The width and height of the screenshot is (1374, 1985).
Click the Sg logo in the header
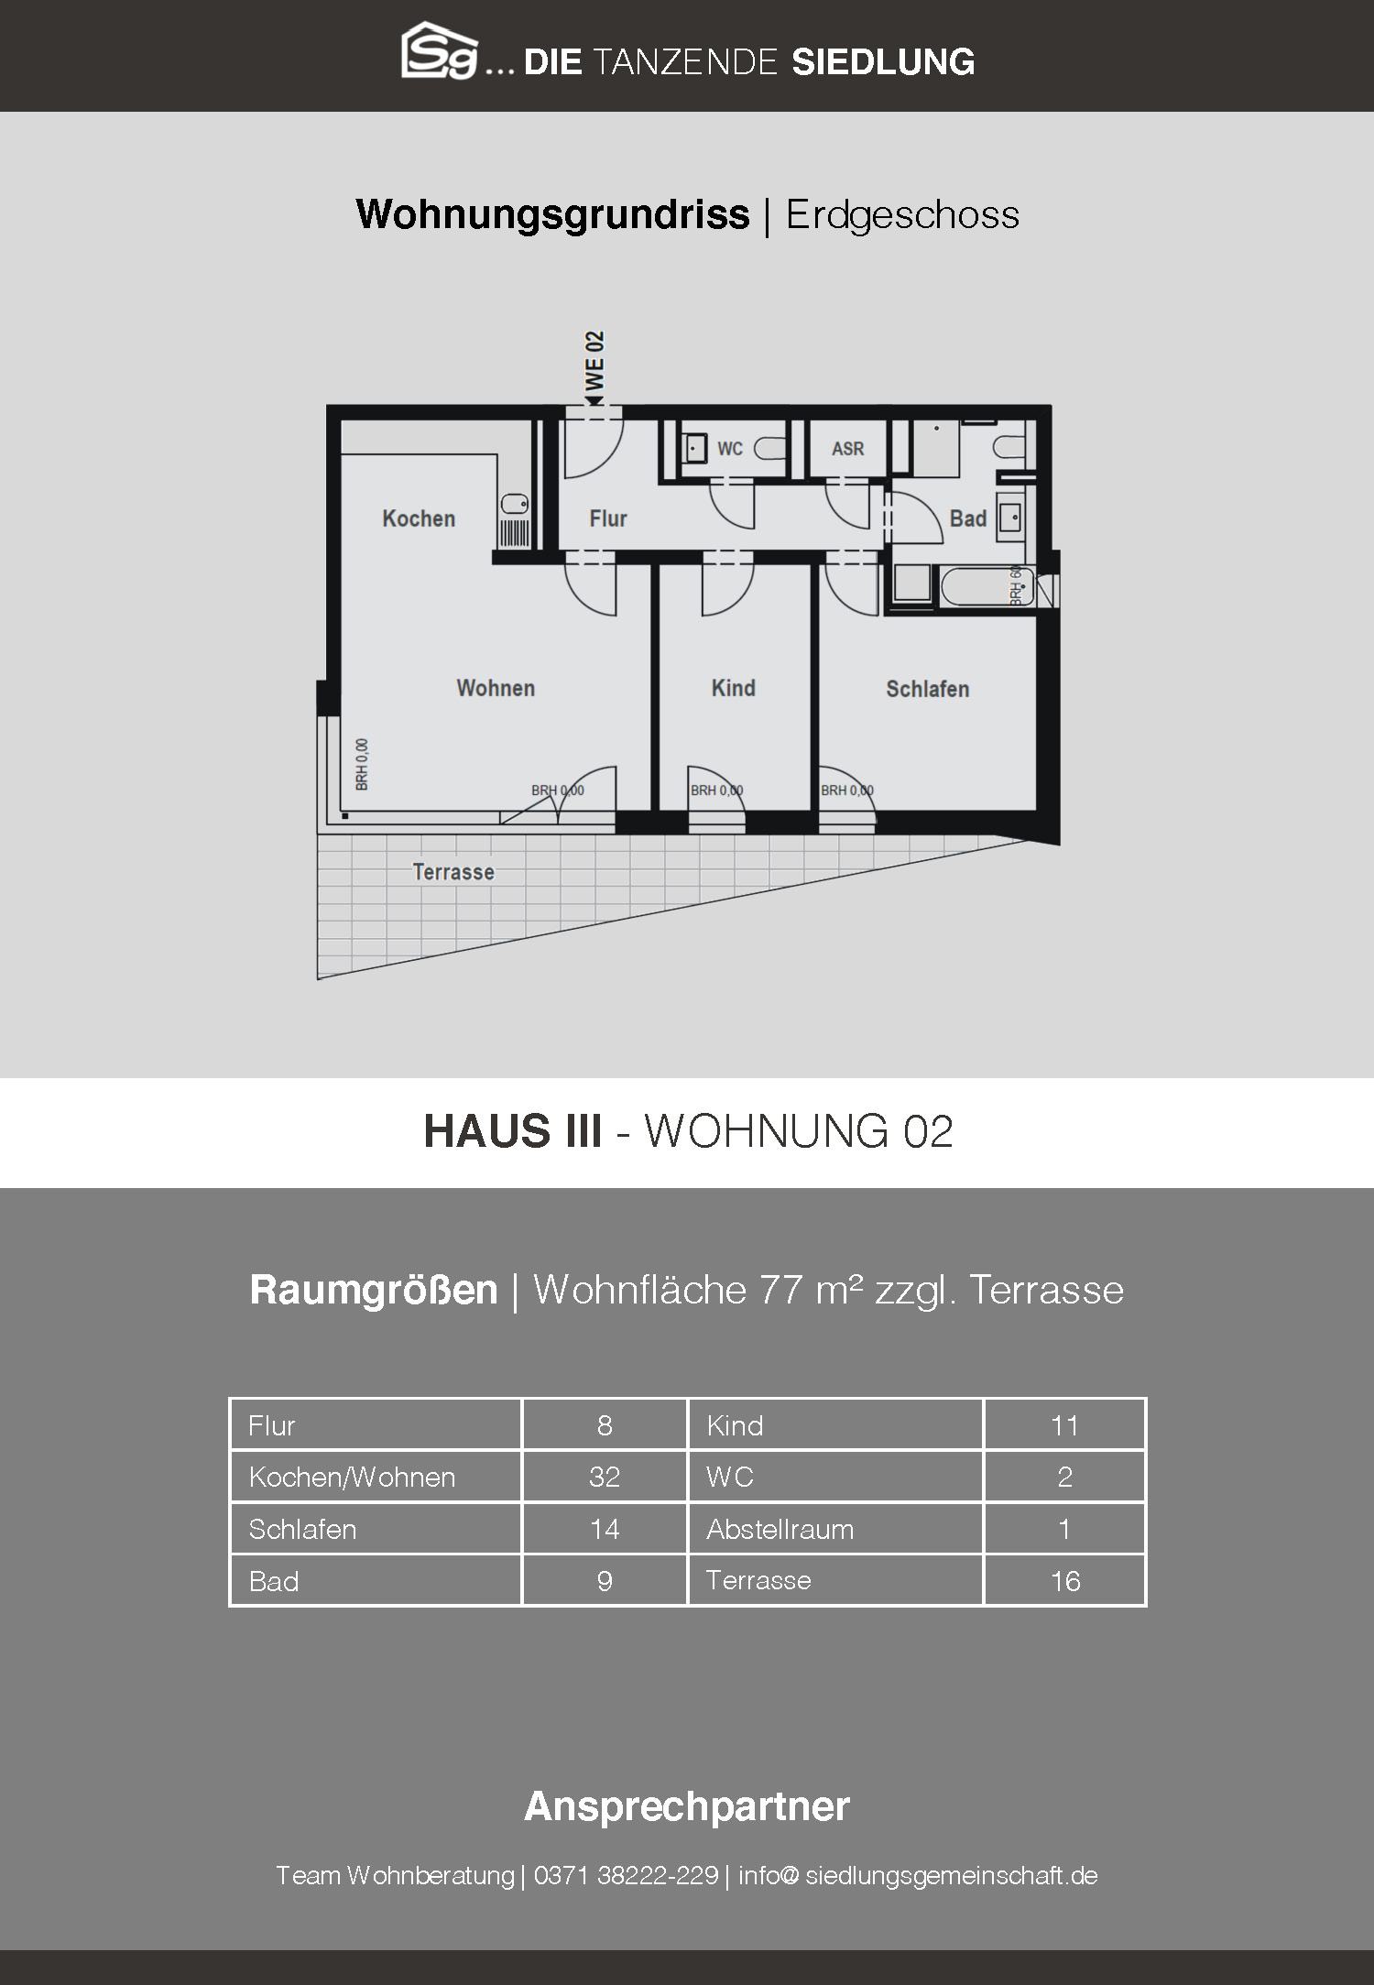coord(440,50)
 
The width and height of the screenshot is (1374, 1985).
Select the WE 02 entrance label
coord(595,362)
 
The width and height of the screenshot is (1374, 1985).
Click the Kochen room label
coord(419,518)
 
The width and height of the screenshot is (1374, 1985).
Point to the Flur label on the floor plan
coord(608,519)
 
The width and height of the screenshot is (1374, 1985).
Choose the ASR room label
coord(847,449)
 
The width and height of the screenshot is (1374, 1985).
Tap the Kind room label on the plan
coord(734,688)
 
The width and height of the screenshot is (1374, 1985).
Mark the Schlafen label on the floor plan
coord(927,689)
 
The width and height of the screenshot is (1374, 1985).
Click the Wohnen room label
coord(496,688)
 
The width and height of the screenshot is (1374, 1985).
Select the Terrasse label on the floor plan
coord(453,872)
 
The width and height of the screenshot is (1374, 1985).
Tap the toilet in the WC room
coord(772,449)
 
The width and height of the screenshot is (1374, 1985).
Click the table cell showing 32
coord(605,1477)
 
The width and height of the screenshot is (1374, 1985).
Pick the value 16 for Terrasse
coord(1065,1581)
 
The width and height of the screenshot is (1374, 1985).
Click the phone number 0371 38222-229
coord(626,1875)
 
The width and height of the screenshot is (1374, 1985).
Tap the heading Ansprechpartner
coord(687,1806)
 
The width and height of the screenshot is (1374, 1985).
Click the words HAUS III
coord(513,1131)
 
